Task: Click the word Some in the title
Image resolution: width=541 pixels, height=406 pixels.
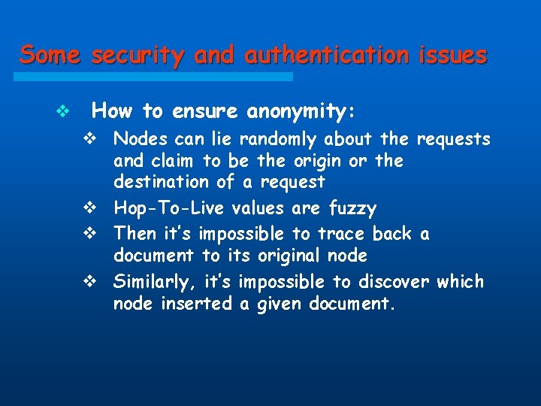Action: [x=50, y=55]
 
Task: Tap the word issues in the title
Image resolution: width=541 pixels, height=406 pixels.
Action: [x=452, y=55]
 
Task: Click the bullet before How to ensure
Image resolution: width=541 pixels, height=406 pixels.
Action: [x=63, y=113]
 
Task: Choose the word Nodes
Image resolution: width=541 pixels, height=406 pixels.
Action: [x=141, y=139]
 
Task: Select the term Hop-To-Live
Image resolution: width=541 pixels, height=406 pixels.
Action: [x=170, y=208]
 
